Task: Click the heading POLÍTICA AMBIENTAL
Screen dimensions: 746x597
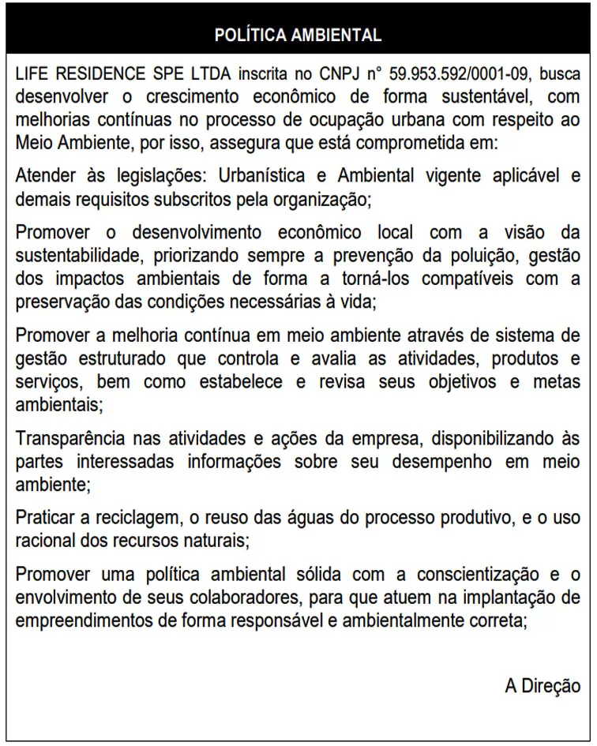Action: coord(298,36)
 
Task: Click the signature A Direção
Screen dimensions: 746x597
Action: coord(543,685)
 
